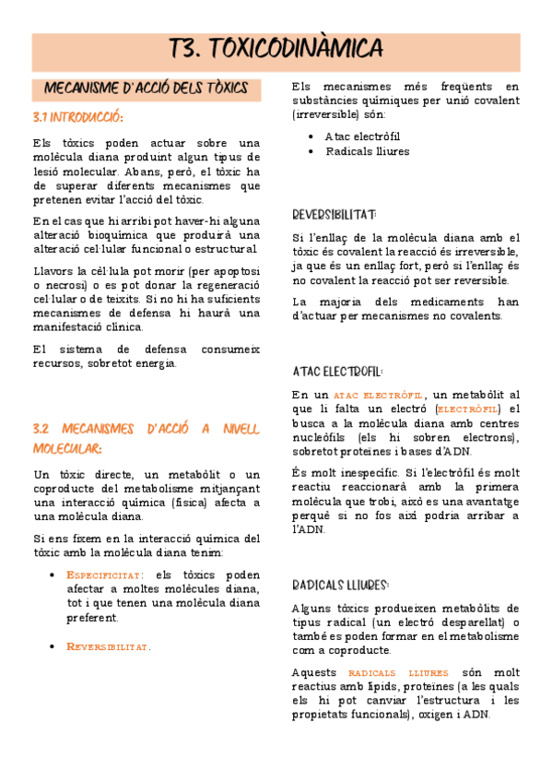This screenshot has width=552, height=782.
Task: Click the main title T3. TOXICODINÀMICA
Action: tap(276, 49)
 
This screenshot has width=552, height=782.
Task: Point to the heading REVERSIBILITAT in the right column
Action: tap(333, 215)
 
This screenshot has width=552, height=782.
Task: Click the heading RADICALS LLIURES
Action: tap(340, 585)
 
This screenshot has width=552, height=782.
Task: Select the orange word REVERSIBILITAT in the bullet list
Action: tap(108, 646)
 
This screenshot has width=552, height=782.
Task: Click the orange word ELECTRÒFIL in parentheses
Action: tap(468, 409)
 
